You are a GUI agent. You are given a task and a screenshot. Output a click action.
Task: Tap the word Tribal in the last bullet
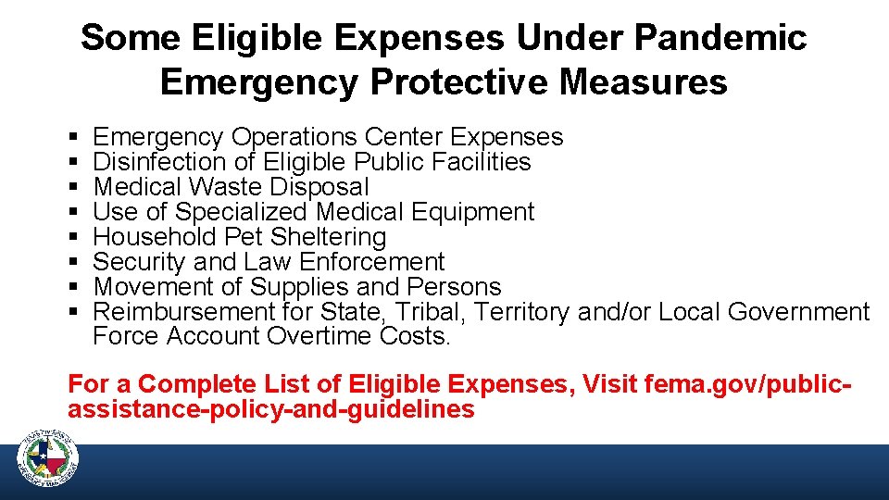point(428,312)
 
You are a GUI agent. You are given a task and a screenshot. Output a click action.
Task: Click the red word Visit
point(608,383)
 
